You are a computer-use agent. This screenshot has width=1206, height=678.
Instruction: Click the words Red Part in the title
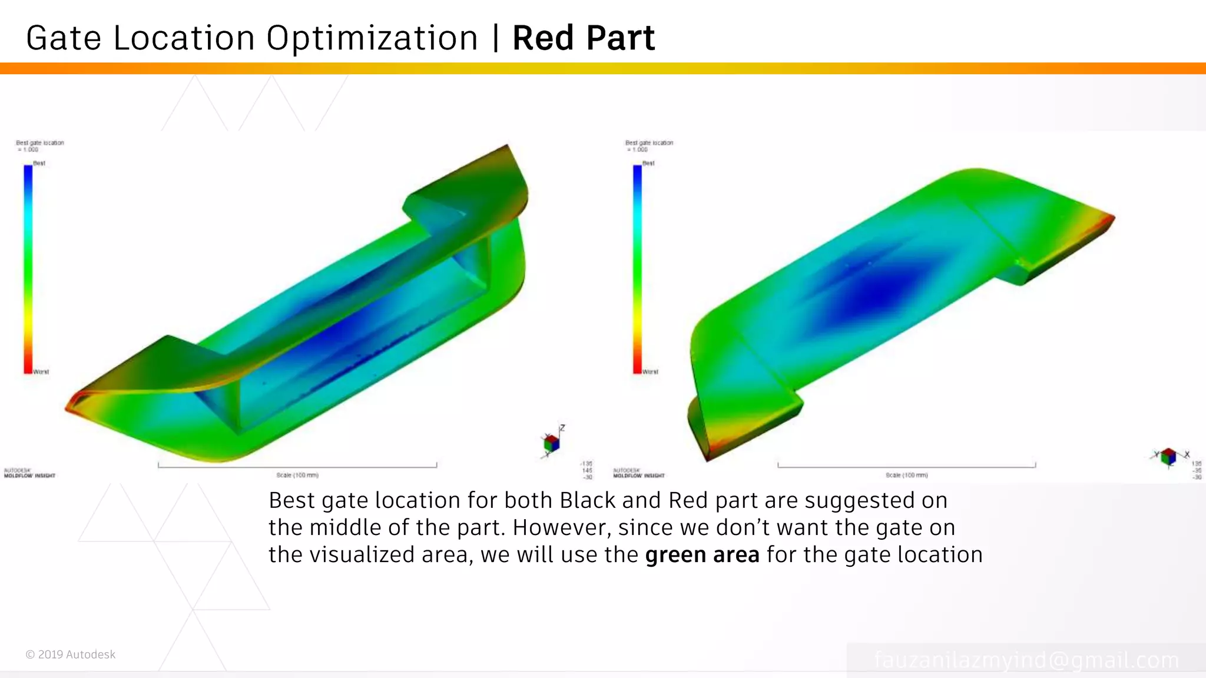pyautogui.click(x=583, y=38)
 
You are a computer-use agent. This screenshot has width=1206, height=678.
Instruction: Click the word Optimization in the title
pyautogui.click(x=372, y=39)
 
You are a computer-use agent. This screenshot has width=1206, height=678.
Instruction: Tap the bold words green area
pyautogui.click(x=702, y=555)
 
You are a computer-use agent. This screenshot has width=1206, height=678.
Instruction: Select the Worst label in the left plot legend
pyautogui.click(x=41, y=372)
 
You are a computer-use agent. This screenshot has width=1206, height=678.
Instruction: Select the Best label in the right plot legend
pyautogui.click(x=648, y=163)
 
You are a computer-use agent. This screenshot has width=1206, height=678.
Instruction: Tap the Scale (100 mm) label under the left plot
pyautogui.click(x=297, y=475)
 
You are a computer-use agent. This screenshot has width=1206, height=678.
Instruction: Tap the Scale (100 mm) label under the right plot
pyautogui.click(x=907, y=475)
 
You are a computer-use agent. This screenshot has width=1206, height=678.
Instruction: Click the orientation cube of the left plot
pyautogui.click(x=551, y=443)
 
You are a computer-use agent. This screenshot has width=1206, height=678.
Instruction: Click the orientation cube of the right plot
pyautogui.click(x=1169, y=456)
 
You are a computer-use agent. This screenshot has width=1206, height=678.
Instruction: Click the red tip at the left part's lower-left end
pyautogui.click(x=72, y=405)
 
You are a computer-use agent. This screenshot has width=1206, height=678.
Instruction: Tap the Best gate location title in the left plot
pyautogui.click(x=40, y=143)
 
